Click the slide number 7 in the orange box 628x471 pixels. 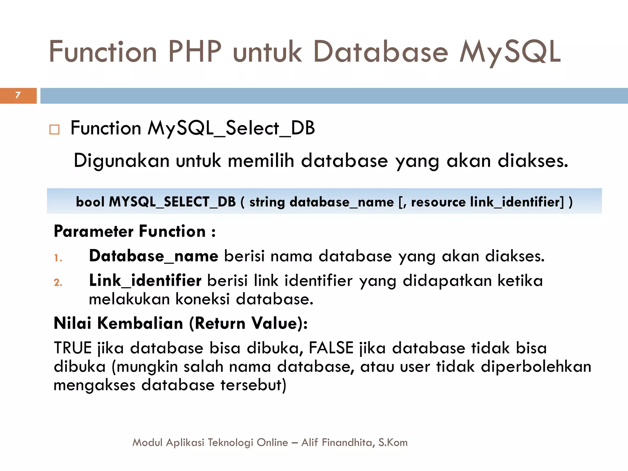pyautogui.click(x=18, y=95)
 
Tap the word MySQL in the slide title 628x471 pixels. pyautogui.click(x=510, y=52)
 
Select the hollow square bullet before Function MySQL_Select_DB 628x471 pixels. pyautogui.click(x=54, y=129)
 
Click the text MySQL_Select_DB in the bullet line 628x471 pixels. pyautogui.click(x=231, y=128)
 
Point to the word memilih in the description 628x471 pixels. pyautogui.click(x=261, y=160)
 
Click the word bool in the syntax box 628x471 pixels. pyautogui.click(x=90, y=202)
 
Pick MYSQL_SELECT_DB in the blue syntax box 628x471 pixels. pyautogui.click(x=172, y=202)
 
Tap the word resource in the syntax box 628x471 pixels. pyautogui.click(x=438, y=202)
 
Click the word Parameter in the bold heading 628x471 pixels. pyautogui.click(x=94, y=231)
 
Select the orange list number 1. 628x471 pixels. pyautogui.click(x=58, y=258)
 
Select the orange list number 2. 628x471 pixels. pyautogui.click(x=58, y=282)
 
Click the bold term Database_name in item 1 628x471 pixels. pyautogui.click(x=154, y=256)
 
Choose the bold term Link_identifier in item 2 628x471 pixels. pyautogui.click(x=145, y=280)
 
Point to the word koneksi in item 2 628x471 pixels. pyautogui.click(x=202, y=299)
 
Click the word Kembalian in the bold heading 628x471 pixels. pyautogui.click(x=140, y=323)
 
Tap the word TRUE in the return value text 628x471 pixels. pyautogui.click(x=73, y=348)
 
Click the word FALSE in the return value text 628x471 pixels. pyautogui.click(x=331, y=348)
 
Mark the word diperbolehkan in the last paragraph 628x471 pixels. pyautogui.click(x=536, y=366)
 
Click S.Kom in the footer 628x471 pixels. pyautogui.click(x=393, y=442)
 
